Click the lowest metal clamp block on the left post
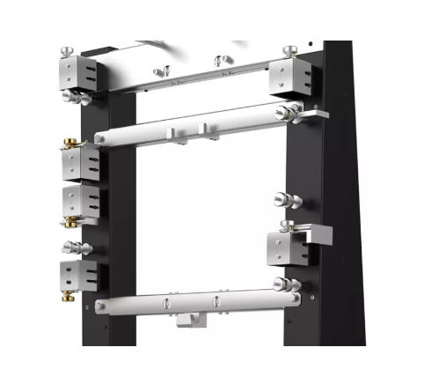pos(79,275)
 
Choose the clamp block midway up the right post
pos(288,246)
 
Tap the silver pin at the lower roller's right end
pos(282,284)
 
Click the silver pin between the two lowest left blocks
pos(70,247)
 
